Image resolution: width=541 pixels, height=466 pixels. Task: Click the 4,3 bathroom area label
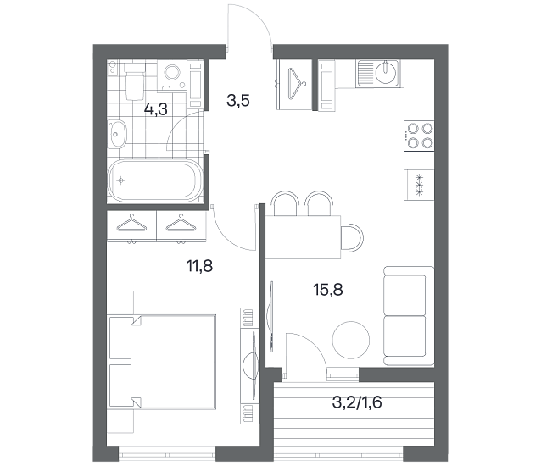pyautogui.click(x=156, y=110)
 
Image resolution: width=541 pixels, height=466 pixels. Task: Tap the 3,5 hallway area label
pyautogui.click(x=238, y=101)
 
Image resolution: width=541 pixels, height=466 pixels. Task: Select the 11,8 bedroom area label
pyautogui.click(x=199, y=266)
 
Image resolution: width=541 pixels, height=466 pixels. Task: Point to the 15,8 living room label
pyautogui.click(x=328, y=290)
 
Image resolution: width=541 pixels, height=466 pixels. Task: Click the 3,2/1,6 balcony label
pyautogui.click(x=357, y=402)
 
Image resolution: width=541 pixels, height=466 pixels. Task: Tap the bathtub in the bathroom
pyautogui.click(x=154, y=180)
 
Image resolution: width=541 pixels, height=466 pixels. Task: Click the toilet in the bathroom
pyautogui.click(x=134, y=80)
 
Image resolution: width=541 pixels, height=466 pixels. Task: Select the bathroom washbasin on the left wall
pyautogui.click(x=117, y=134)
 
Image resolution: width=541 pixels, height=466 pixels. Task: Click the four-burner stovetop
pyautogui.click(x=420, y=136)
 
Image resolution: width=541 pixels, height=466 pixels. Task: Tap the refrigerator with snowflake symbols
pyautogui.click(x=419, y=185)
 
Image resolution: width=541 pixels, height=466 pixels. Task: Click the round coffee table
pyautogui.click(x=351, y=341)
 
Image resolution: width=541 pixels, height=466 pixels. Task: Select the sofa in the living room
pyautogui.click(x=409, y=316)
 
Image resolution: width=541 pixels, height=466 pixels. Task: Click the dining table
pyautogui.click(x=303, y=237)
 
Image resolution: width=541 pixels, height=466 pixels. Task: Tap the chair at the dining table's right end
pyautogui.click(x=352, y=237)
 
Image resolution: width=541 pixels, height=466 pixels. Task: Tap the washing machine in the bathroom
pyautogui.click(x=172, y=75)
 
